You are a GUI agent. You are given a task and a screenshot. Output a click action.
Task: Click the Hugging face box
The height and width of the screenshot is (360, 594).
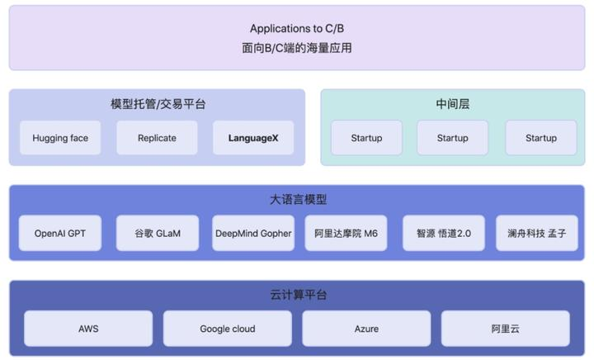[60, 138]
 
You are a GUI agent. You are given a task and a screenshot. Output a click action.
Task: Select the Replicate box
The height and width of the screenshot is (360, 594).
[157, 138]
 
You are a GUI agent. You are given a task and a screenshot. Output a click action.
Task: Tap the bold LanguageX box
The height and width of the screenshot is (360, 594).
[253, 138]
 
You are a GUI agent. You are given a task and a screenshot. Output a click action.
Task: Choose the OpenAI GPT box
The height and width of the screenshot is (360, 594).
[60, 234]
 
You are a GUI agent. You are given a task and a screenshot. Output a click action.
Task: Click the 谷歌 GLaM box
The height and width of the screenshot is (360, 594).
[157, 234]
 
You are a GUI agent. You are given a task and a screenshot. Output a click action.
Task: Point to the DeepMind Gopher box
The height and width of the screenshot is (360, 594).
[253, 234]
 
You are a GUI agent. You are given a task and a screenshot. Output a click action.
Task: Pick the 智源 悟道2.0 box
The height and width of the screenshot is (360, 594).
[443, 234]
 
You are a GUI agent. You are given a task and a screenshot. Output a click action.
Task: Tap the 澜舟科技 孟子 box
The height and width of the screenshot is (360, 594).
[537, 234]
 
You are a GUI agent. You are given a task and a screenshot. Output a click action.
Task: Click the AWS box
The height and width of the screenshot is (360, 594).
[88, 329]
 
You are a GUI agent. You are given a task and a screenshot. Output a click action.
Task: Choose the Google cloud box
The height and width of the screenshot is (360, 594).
[227, 329]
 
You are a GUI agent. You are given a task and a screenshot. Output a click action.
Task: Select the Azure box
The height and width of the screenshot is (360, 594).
[366, 329]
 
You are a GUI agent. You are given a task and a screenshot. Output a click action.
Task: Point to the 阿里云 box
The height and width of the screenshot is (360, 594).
[506, 329]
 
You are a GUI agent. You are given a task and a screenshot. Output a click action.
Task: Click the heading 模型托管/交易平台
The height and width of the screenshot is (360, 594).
[158, 105]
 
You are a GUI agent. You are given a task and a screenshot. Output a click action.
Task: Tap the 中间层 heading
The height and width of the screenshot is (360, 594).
[453, 105]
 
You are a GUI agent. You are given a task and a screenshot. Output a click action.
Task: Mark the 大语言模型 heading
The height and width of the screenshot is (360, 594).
[298, 200]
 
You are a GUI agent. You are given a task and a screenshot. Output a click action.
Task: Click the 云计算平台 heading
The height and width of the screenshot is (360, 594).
[298, 295]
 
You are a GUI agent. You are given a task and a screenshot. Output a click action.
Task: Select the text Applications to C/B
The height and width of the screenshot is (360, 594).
[297, 29]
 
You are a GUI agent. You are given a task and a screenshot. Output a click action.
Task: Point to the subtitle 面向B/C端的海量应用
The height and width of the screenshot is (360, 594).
[297, 48]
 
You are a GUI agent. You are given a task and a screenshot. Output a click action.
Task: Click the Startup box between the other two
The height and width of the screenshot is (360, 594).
[452, 138]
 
